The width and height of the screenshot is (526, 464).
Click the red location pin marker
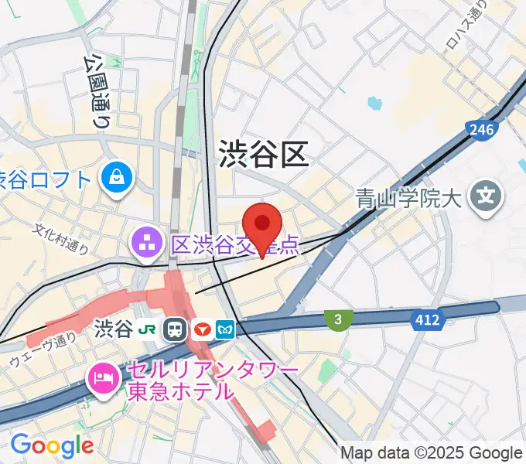[x=264, y=225]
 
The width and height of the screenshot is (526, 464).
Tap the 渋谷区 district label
[x=264, y=154]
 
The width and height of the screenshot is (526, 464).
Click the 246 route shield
[x=480, y=129]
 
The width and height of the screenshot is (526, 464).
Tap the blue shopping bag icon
[x=118, y=179]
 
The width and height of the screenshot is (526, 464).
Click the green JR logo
[x=147, y=329]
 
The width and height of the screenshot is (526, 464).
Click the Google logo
[x=51, y=445]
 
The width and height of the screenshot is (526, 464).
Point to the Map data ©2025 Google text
[x=431, y=453]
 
